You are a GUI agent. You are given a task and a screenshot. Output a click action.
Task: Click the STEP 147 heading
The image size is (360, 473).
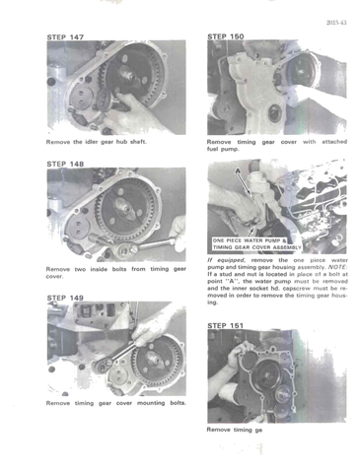tap(66, 36)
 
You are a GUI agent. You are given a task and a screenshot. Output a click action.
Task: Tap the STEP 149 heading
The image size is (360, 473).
tap(66, 298)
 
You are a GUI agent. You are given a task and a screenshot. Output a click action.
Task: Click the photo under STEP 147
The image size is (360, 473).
tap(115, 85)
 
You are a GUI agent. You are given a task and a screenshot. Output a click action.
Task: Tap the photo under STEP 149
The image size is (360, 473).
tap(115, 347)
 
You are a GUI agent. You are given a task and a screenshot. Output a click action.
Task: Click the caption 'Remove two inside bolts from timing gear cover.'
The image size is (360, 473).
tap(115, 273)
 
